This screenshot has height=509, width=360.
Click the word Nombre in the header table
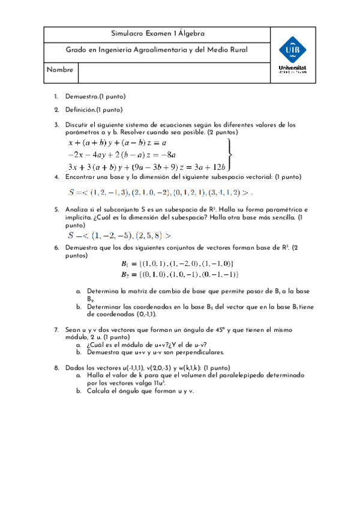pyautogui.click(x=60, y=70)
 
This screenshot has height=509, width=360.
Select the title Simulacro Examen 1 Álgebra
pyautogui.click(x=158, y=34)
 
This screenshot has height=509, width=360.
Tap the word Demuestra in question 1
pyautogui.click(x=81, y=97)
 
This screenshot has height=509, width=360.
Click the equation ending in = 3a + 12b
pyautogui.click(x=148, y=167)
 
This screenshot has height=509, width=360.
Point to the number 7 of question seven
pyautogui.click(x=56, y=330)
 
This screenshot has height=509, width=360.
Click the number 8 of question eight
pyautogui.click(x=56, y=367)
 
